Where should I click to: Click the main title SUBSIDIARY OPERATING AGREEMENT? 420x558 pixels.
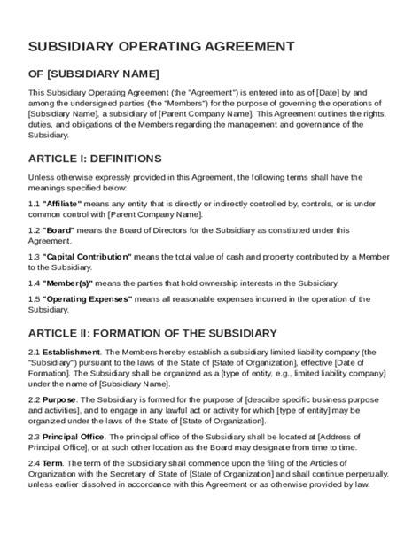click(x=162, y=47)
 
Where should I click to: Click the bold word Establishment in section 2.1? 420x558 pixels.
click(x=73, y=352)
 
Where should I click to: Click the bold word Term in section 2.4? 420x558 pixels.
click(x=52, y=464)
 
